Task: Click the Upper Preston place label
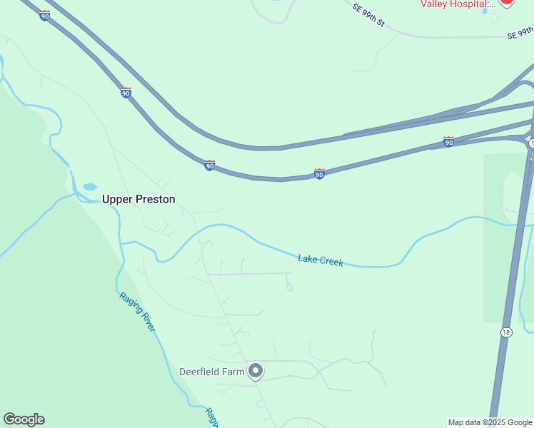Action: click(x=138, y=200)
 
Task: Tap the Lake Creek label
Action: click(x=321, y=261)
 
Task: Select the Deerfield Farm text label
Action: click(x=211, y=372)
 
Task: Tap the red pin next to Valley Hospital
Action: click(x=506, y=2)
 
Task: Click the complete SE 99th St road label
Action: click(x=368, y=15)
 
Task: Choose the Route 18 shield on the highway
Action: click(x=506, y=332)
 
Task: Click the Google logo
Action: click(x=24, y=419)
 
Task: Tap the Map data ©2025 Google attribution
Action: click(x=490, y=422)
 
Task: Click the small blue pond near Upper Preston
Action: click(x=90, y=187)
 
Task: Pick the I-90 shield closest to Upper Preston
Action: click(x=209, y=165)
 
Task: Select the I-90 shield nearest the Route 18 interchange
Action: click(x=448, y=142)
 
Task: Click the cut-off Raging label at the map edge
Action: click(x=211, y=418)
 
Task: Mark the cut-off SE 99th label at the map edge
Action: click(x=520, y=34)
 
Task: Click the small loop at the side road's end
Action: click(x=289, y=287)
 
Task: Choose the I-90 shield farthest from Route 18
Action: click(x=44, y=16)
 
